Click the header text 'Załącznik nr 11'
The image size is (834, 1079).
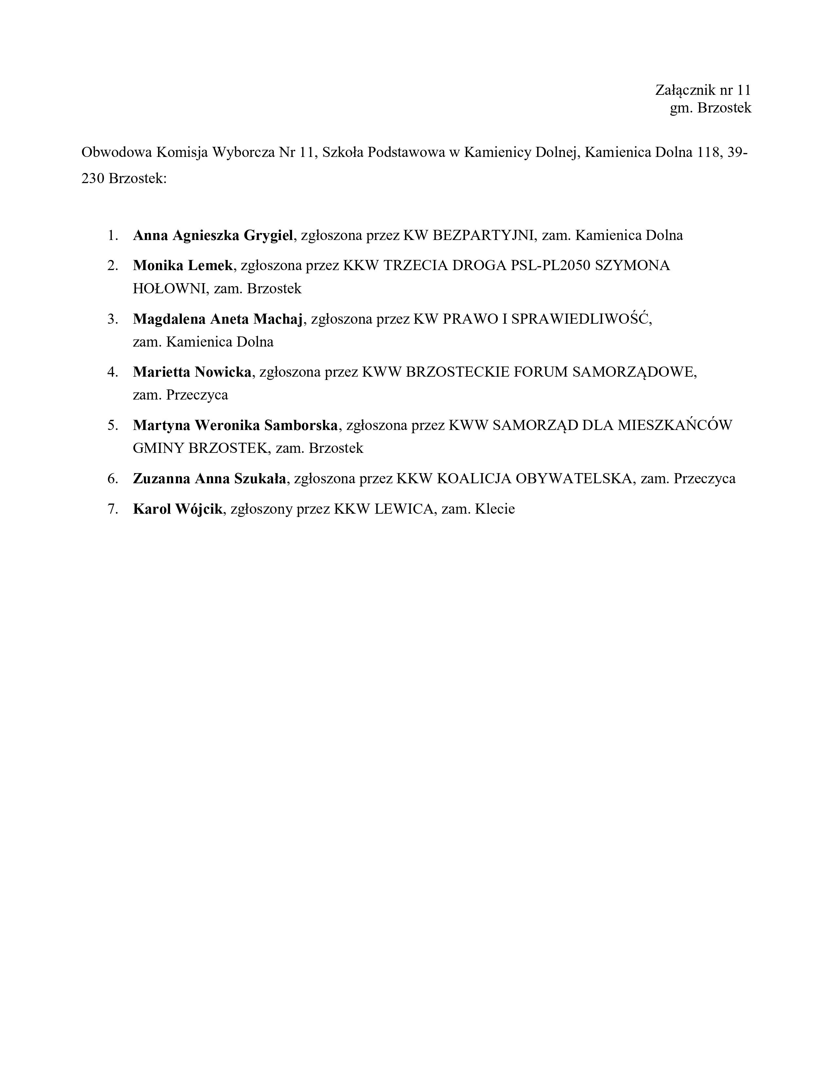coord(703,90)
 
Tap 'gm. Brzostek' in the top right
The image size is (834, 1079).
coord(710,108)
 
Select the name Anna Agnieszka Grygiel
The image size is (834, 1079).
coord(213,235)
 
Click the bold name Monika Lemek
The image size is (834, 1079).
coord(182,266)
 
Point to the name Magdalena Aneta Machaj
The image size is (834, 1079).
coord(217,319)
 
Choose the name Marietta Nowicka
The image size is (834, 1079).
coord(192,372)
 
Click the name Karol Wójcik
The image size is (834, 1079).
coord(177,509)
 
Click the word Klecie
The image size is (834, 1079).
coord(495,509)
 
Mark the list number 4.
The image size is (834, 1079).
coord(113,372)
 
